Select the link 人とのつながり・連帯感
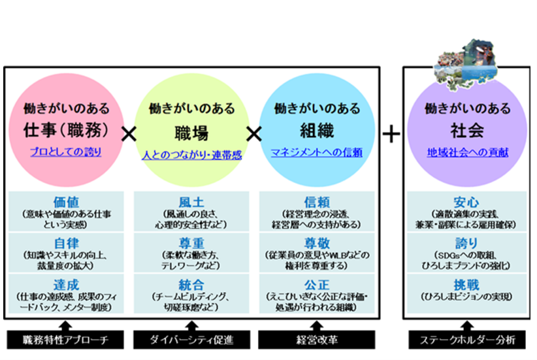pyautogui.click(x=191, y=155)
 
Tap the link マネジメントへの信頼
pyautogui.click(x=316, y=153)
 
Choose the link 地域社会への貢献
pyautogui.click(x=467, y=153)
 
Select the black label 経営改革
pyautogui.click(x=317, y=340)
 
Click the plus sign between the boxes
pyautogui.click(x=391, y=135)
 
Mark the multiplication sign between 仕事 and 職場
pyautogui.click(x=129, y=135)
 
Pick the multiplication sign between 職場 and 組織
pyautogui.click(x=253, y=135)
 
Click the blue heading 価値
pyautogui.click(x=65, y=201)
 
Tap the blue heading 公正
pyautogui.click(x=317, y=286)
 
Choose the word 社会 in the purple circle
pyautogui.click(x=467, y=131)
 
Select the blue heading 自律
pyautogui.click(x=65, y=243)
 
